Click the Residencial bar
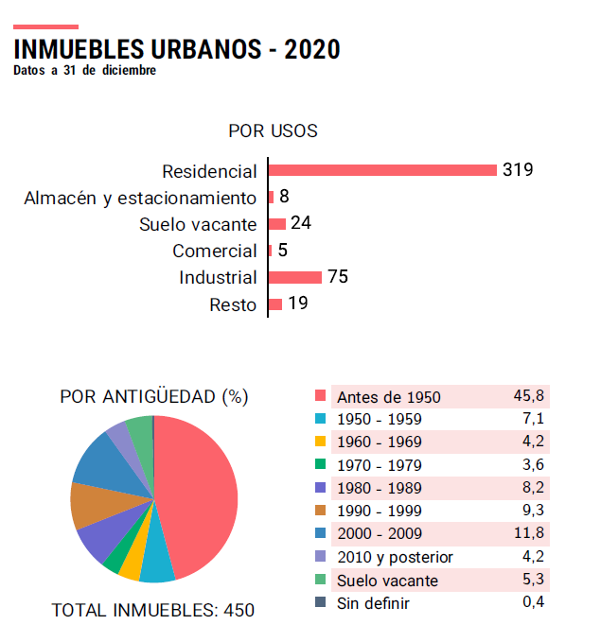point(382,170)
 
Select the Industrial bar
point(295,277)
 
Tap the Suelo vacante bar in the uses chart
point(277,224)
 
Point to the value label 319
point(518,170)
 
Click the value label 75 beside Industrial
point(338,277)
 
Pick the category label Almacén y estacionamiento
point(140,198)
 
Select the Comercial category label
point(215,251)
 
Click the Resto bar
point(275,304)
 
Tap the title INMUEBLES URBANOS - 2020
point(177,49)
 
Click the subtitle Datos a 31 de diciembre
point(85,70)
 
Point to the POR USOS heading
point(273,130)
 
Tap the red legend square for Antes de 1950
point(320,397)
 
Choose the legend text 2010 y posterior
point(395,557)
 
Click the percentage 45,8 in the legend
point(528,397)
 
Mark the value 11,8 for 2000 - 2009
point(528,534)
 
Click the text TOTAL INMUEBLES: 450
point(153,611)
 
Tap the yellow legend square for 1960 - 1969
point(320,442)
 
